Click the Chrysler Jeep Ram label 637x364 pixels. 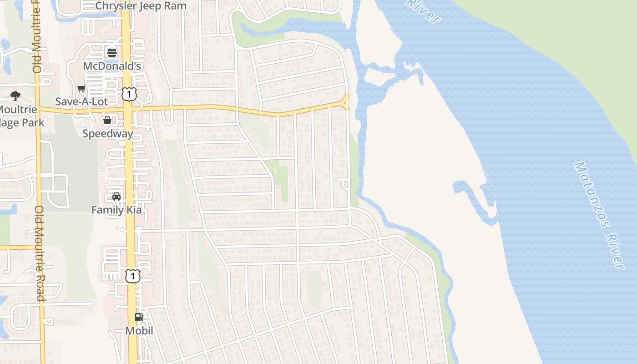(141, 6)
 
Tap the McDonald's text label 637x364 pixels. (112, 66)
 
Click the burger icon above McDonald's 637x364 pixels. (112, 53)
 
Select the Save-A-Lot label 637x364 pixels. (81, 101)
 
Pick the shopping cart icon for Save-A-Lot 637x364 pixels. (81, 88)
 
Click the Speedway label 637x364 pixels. (107, 133)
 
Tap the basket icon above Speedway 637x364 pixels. (107, 120)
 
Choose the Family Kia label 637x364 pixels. (116, 210)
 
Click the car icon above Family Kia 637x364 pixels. (116, 197)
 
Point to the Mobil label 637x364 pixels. (139, 331)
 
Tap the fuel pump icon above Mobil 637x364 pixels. (139, 317)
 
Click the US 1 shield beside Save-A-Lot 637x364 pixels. (129, 94)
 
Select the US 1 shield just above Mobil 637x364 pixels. (132, 276)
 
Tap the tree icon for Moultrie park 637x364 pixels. (15, 96)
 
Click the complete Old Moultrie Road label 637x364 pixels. (40, 253)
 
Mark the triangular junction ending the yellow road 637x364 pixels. (345, 102)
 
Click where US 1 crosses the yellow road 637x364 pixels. (129, 110)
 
